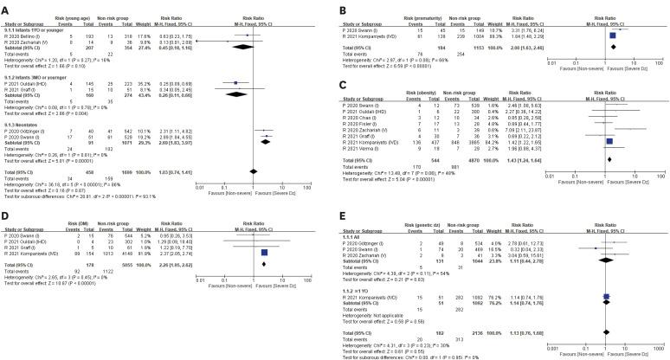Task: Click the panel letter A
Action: [5, 6]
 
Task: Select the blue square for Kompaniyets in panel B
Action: [613, 35]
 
